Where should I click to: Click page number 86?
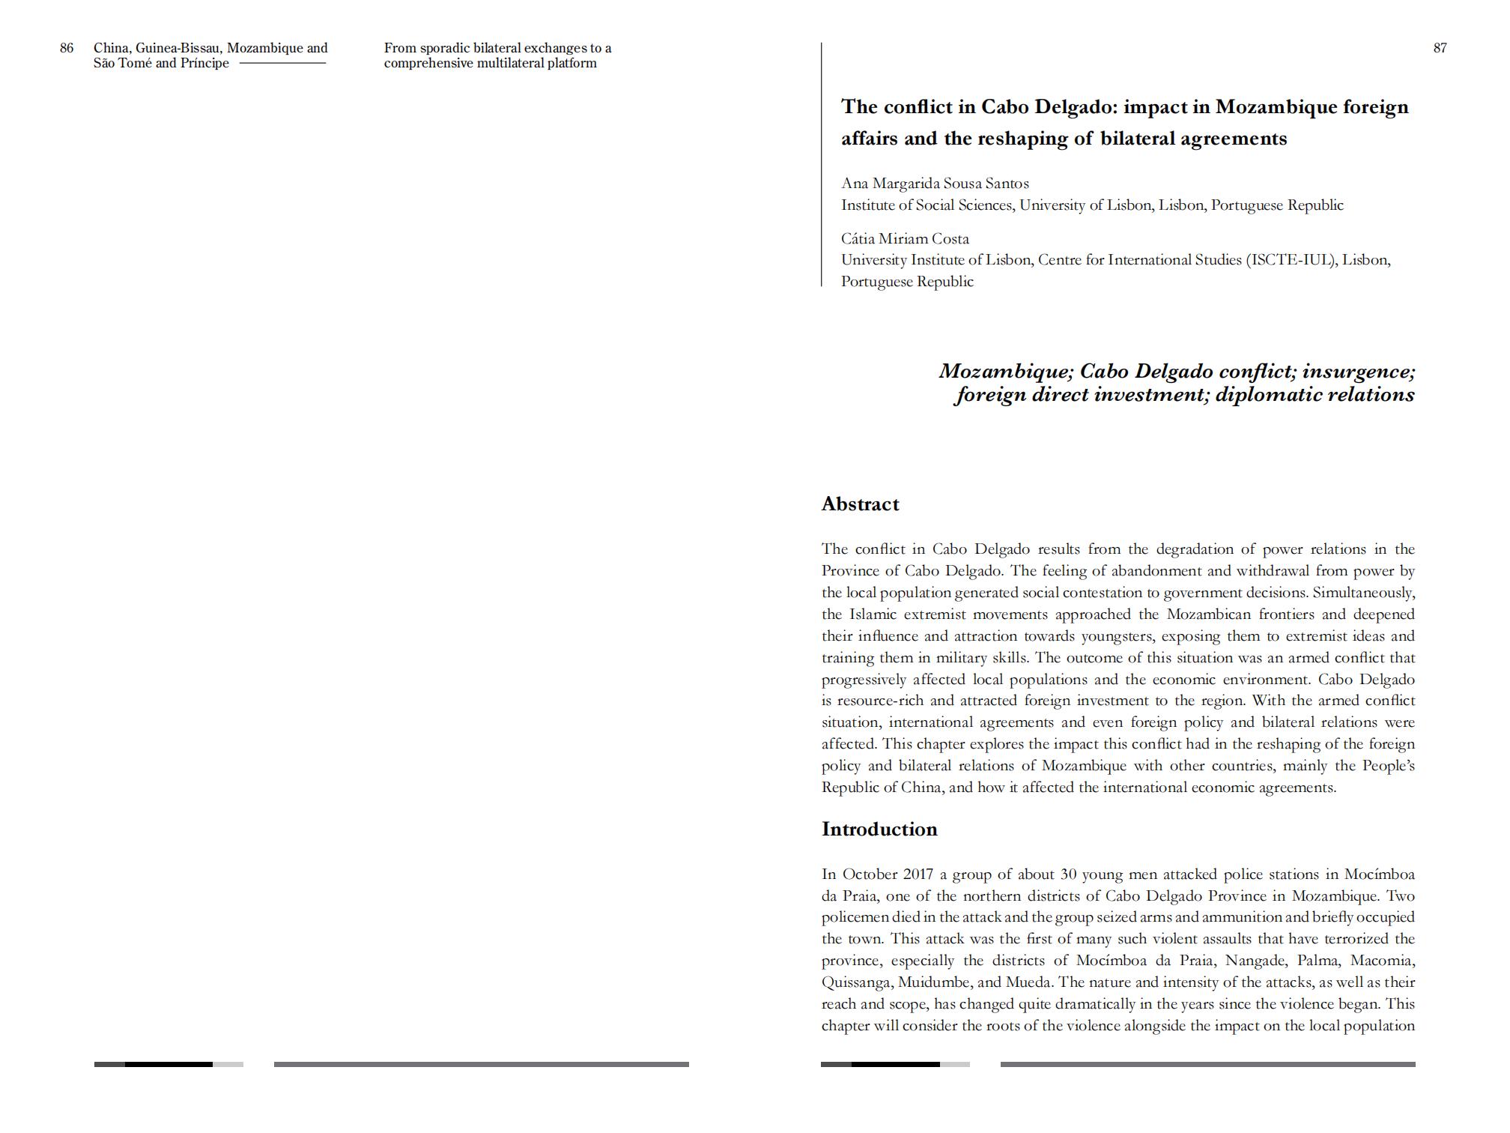(x=67, y=48)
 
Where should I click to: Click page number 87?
(x=1440, y=48)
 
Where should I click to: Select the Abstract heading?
(x=860, y=504)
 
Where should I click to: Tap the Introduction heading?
(x=879, y=830)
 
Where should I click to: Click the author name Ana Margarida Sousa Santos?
(x=935, y=184)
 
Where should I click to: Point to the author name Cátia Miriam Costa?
(x=905, y=239)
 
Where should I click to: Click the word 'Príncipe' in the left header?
(x=204, y=64)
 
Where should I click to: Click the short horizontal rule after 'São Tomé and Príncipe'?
(x=282, y=63)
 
